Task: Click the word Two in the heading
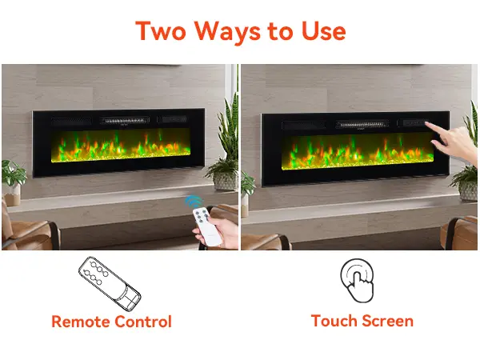(x=161, y=30)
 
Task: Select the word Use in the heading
(x=323, y=31)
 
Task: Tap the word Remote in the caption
(x=80, y=322)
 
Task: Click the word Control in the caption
(x=143, y=322)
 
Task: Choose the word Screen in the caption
(x=386, y=321)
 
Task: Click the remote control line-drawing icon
(x=110, y=283)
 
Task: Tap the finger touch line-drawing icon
(x=357, y=280)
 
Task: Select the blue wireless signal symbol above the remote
(x=193, y=201)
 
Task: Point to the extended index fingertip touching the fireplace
(x=426, y=124)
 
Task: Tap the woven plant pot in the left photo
(x=225, y=181)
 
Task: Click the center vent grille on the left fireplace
(x=125, y=121)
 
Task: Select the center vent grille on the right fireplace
(x=362, y=124)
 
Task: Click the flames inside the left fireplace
(x=121, y=145)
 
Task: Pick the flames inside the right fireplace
(x=358, y=151)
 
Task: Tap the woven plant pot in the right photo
(x=468, y=190)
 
